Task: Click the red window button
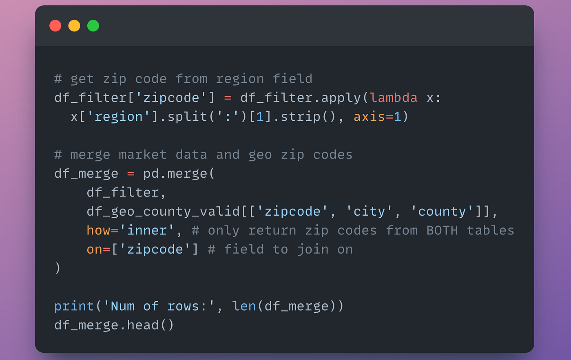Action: pos(55,26)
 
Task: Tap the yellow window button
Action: pos(74,26)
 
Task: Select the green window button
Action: pos(93,26)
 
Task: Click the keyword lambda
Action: pos(394,98)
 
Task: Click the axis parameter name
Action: pos(369,117)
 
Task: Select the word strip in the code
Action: pos(300,117)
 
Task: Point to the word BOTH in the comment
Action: pos(442,230)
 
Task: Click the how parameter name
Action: pos(98,230)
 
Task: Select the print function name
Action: pos(74,306)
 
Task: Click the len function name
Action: pos(244,306)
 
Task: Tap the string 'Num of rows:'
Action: pos(159,306)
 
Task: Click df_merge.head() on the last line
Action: pos(114,325)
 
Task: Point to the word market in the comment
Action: pos(142,155)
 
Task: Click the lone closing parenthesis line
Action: pos(58,268)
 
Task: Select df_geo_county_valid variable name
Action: pos(163,212)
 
